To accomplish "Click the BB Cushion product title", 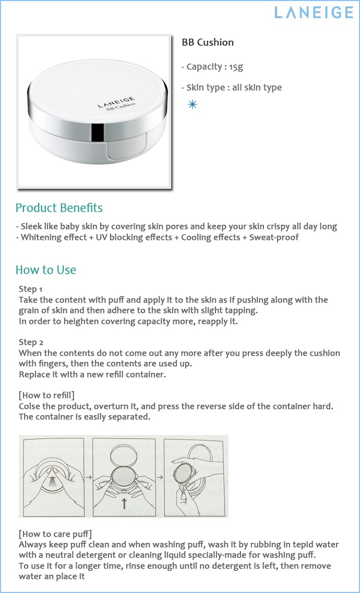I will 207,42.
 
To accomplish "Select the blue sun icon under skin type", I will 193,105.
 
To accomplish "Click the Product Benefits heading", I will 59,208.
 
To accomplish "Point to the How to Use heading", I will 46,270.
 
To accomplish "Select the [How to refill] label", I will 50,395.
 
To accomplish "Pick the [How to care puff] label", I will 55,534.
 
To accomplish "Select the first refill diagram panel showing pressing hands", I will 52,476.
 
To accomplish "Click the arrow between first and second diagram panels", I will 89,476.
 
